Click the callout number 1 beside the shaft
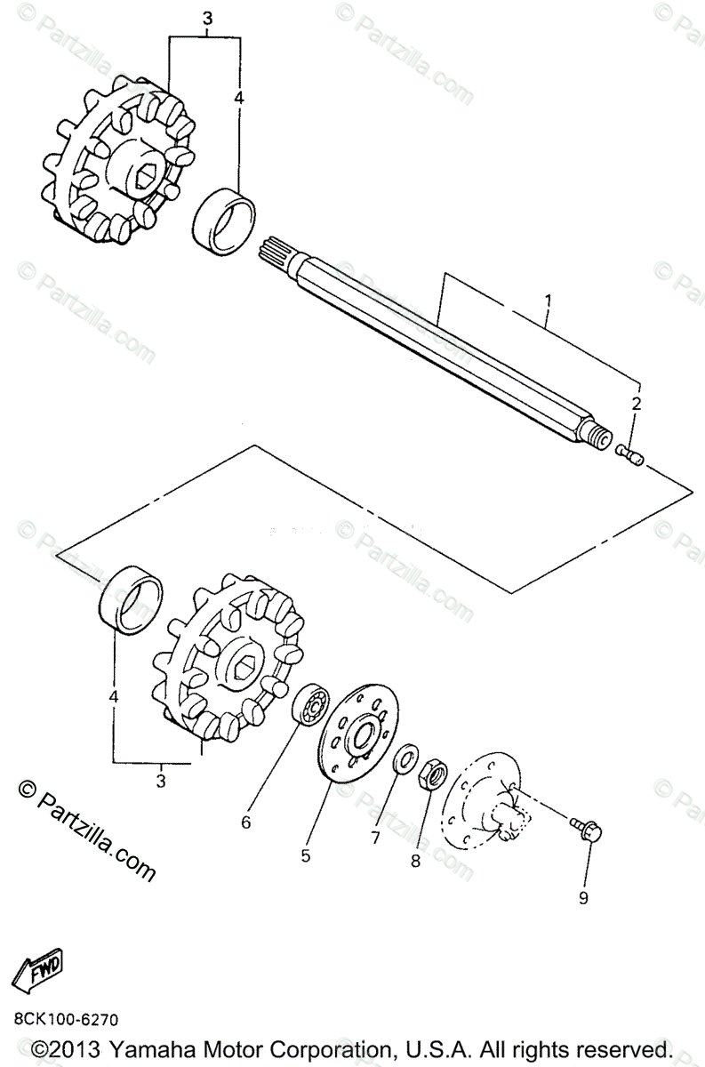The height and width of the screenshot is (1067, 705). click(548, 300)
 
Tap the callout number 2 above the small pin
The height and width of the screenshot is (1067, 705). click(636, 403)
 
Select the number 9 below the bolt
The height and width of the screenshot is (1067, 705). click(583, 897)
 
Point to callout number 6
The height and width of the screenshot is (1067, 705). click(246, 822)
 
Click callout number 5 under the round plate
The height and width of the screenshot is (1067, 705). click(305, 855)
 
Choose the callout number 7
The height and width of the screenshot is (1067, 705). click(376, 838)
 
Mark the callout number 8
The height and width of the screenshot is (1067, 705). click(414, 860)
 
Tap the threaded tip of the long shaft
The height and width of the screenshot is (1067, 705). click(600, 438)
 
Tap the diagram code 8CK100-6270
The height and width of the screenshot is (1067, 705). click(66, 1018)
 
